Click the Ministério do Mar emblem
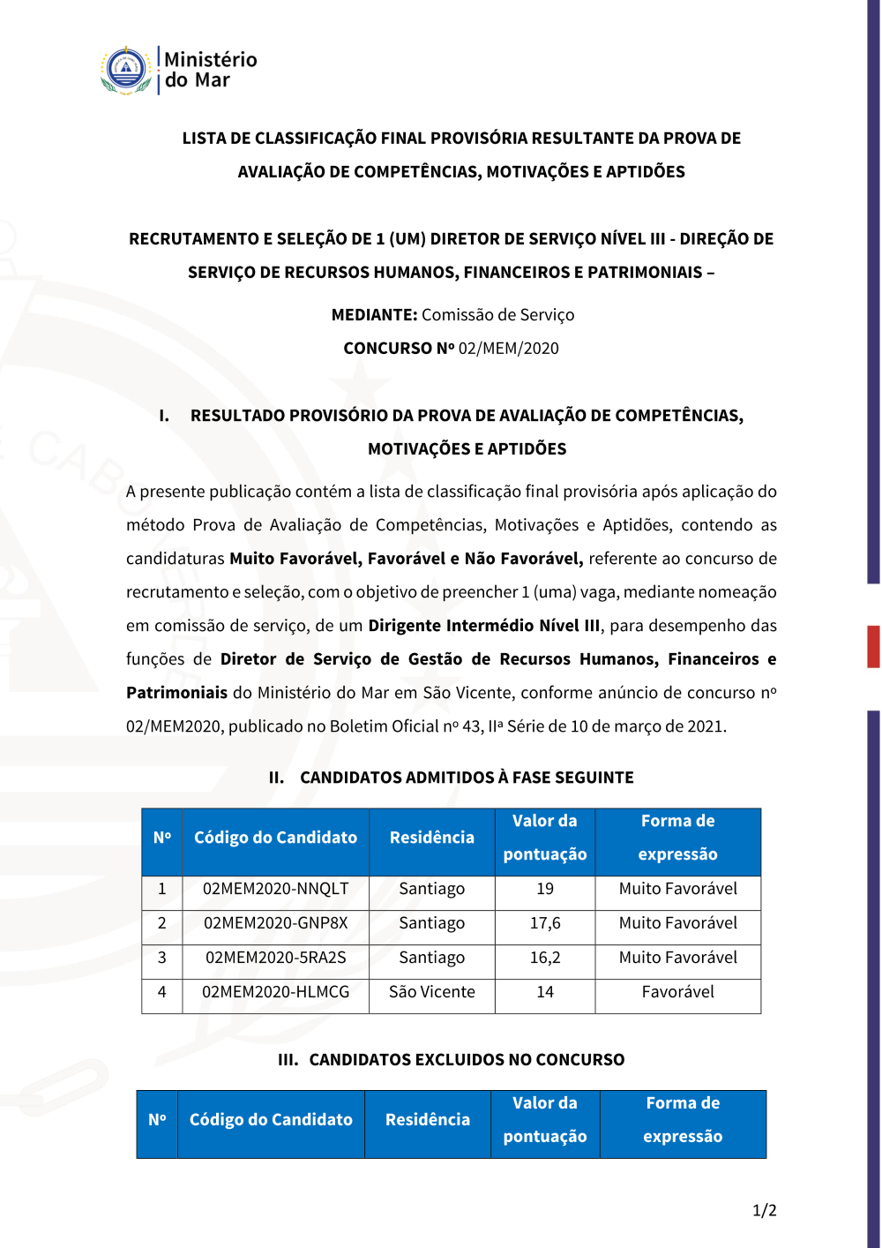[126, 71]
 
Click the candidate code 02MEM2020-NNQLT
[275, 889]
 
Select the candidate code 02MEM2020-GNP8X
[275, 923]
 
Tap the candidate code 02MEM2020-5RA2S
[275, 958]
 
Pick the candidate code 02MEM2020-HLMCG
[275, 992]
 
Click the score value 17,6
[545, 923]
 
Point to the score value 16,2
[545, 958]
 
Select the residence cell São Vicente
[431, 992]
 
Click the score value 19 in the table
[545, 889]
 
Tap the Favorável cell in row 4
[677, 992]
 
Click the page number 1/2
[764, 1210]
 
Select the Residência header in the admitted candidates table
[431, 838]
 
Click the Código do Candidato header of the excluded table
[271, 1120]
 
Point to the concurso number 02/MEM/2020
[508, 349]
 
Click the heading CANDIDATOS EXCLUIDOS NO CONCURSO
[467, 1060]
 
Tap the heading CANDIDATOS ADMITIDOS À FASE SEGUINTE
[467, 778]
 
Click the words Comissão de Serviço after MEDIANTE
[497, 315]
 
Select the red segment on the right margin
[873, 646]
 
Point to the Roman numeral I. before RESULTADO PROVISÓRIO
[164, 416]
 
